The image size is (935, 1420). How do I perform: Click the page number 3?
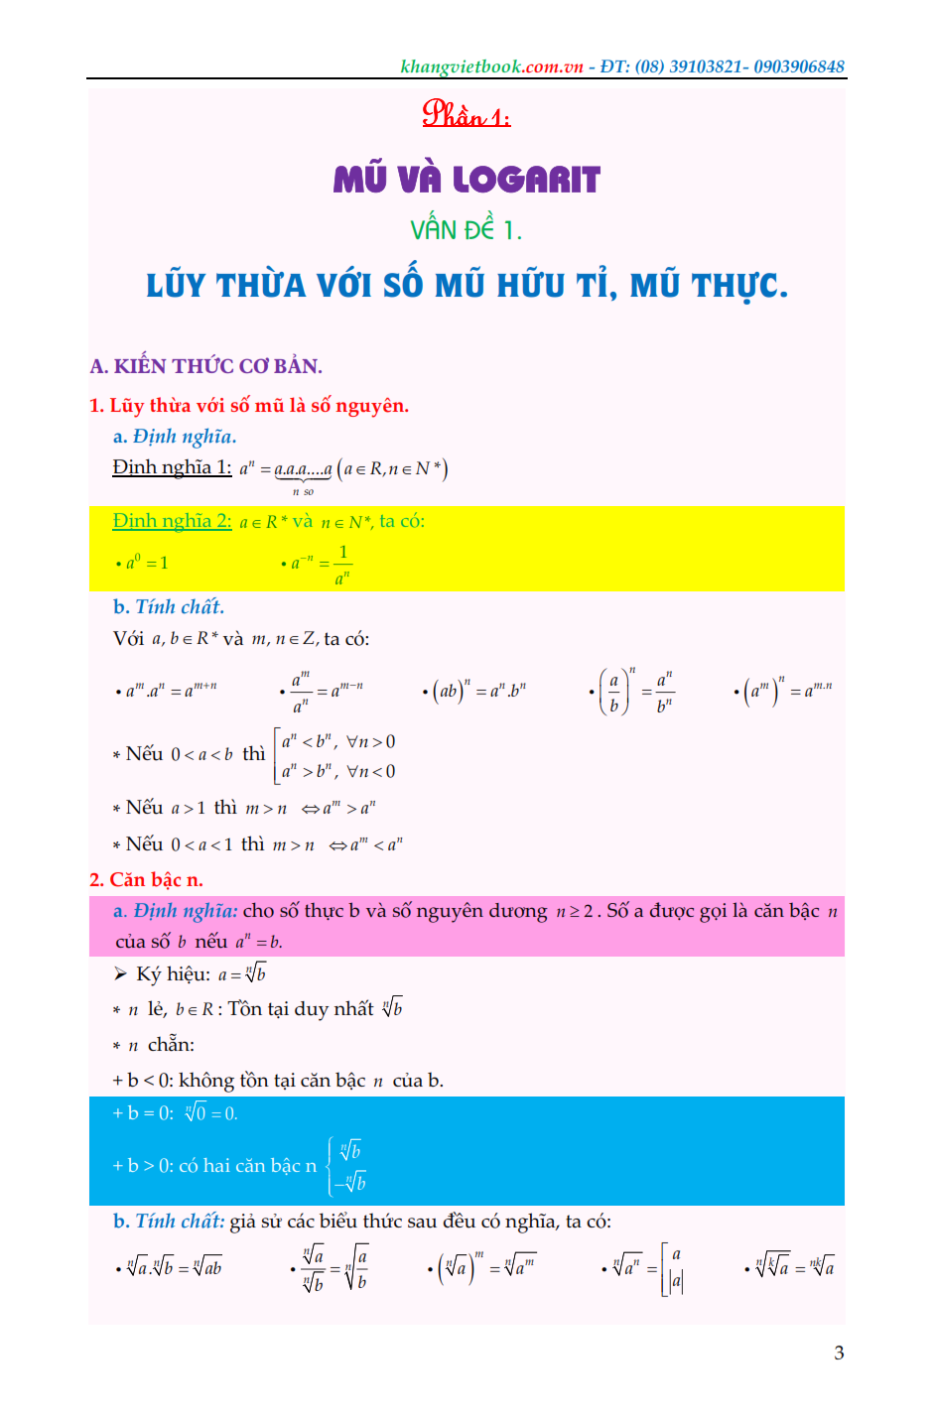839,1353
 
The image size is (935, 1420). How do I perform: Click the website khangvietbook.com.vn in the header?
491,66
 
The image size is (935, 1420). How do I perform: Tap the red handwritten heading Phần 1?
466,114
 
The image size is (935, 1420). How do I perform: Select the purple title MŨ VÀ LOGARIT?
467,180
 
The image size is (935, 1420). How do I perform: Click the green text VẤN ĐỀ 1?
466,230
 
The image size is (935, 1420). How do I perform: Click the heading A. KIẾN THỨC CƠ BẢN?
205,366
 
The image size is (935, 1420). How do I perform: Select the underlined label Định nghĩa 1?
172,467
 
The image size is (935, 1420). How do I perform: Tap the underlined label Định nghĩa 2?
172,521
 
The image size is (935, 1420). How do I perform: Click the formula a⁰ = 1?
147,563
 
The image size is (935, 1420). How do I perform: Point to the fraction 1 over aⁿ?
342,565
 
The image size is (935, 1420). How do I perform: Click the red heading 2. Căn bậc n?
146,879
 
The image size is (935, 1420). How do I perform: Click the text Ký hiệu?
173,974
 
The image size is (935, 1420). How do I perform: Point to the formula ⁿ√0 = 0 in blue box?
210,1113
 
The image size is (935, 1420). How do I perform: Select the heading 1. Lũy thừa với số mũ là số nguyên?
249,405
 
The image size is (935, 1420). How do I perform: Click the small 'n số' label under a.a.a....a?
303,491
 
